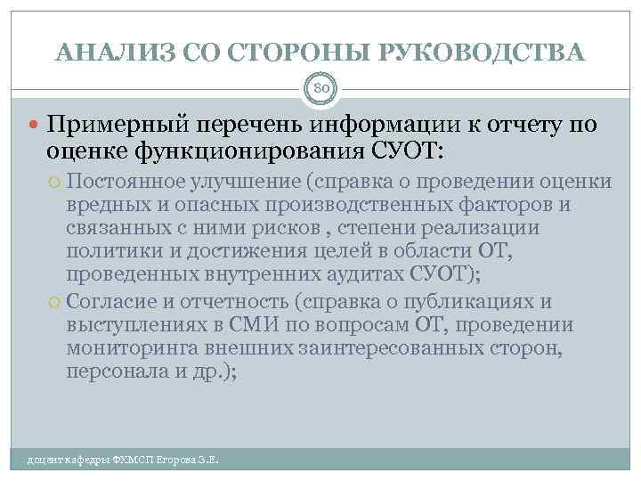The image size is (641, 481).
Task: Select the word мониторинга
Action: point(130,347)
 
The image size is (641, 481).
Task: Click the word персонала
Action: point(110,371)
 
